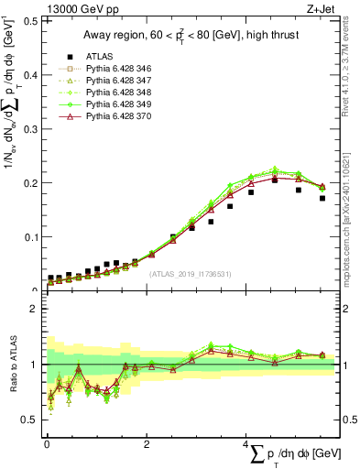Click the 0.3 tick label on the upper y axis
point(29,127)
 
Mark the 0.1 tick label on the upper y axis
point(29,236)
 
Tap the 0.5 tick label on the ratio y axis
point(29,420)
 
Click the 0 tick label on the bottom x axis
point(46,444)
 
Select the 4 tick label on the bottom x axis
point(245,444)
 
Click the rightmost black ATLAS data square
point(322,198)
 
